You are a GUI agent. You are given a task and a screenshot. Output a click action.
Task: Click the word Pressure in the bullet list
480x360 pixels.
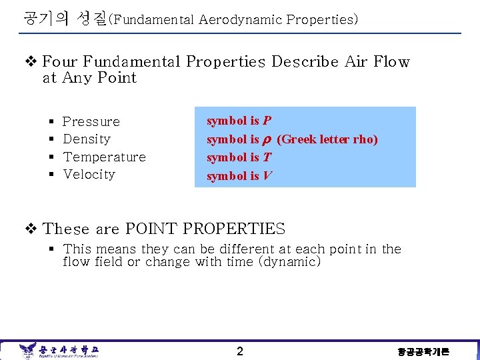tap(91, 122)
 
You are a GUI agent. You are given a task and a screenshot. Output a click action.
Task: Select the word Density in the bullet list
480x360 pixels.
tap(87, 139)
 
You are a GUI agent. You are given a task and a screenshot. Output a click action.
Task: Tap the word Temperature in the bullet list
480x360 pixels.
tap(104, 157)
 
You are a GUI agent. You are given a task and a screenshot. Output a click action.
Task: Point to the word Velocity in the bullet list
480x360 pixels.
tap(89, 175)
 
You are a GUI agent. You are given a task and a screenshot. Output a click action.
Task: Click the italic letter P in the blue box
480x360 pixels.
tap(267, 121)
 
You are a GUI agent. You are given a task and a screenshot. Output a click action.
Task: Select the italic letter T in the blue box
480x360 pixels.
tap(267, 157)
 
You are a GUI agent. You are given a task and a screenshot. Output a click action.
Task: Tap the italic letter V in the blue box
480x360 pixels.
tap(267, 176)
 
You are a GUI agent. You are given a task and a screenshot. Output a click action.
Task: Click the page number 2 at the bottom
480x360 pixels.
tap(240, 351)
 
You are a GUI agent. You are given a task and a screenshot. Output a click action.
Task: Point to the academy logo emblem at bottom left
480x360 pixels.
tap(27, 350)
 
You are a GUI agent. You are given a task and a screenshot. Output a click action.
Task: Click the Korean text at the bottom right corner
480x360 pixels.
tap(423, 352)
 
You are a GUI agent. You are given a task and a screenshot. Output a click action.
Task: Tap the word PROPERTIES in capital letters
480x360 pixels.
tap(234, 229)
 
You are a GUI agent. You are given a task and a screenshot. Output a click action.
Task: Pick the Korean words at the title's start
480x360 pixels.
tap(63, 18)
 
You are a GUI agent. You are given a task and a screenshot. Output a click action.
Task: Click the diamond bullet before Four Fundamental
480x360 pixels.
tap(30, 62)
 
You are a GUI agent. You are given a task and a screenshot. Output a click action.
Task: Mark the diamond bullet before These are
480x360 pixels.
tap(30, 229)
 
